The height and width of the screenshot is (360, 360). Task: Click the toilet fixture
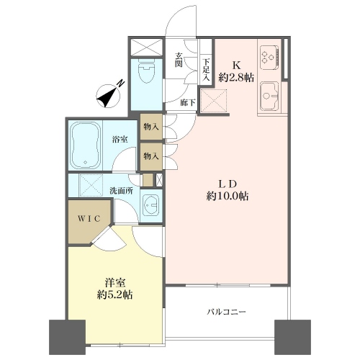pos(146,71)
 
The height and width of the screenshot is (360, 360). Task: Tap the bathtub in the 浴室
pos(86,145)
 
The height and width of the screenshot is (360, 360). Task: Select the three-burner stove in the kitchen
pos(269,57)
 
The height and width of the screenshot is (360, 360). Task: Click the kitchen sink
pos(269,96)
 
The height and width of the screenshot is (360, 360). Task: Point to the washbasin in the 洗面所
pos(150,205)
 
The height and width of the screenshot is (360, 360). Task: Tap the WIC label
pos(89,219)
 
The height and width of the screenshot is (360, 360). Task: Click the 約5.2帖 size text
pos(115,295)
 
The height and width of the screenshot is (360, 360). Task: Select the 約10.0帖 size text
pos(228,197)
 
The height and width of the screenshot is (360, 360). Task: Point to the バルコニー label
pos(227,312)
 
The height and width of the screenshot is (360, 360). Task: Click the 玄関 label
pos(179,60)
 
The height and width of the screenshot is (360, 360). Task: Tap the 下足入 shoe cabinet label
pos(206,70)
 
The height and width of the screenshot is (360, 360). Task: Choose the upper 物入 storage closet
pos(151,127)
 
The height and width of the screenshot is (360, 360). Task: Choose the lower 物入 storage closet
pos(151,157)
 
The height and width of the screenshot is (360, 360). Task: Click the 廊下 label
pos(187,103)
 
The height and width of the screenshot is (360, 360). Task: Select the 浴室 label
pos(120,139)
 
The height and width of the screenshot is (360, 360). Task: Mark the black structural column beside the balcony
pos(292,336)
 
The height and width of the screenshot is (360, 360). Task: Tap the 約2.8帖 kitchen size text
pos(236,77)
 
